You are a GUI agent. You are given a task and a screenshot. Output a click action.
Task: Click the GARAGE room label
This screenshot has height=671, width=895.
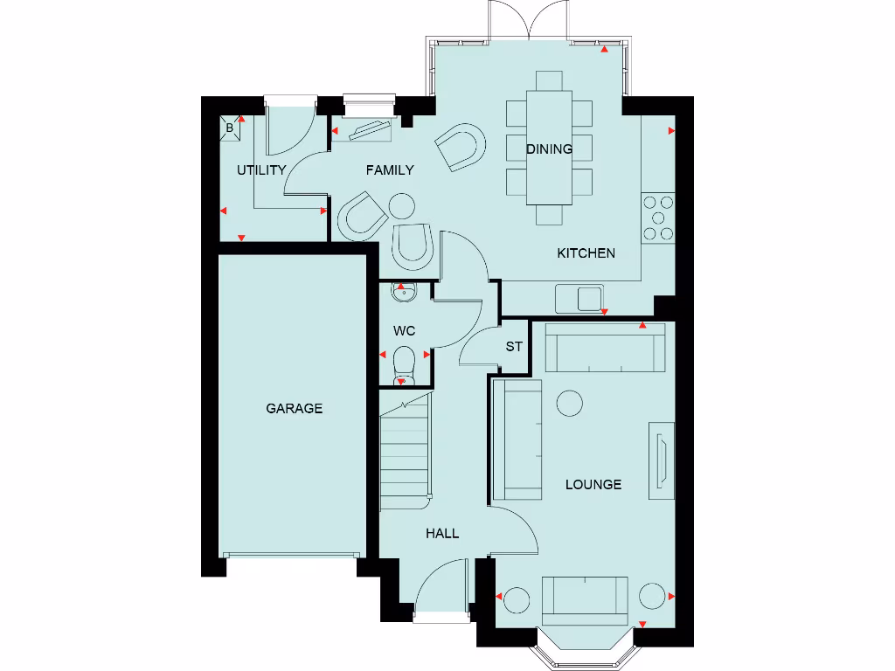point(294,408)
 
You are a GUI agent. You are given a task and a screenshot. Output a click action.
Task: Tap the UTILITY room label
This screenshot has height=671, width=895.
point(261,170)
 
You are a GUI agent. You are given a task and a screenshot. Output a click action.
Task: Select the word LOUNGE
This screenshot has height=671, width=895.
point(593,484)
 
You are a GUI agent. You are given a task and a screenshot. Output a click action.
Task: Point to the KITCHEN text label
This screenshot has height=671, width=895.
point(586,253)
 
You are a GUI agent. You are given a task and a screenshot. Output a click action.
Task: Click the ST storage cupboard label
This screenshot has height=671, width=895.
point(514,347)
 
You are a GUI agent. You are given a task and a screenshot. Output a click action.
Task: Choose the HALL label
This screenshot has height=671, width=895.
point(442,533)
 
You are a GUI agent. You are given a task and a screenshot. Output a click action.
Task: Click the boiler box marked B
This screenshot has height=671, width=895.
point(230,128)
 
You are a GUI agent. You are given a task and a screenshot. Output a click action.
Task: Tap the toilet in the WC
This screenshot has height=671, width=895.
point(403,362)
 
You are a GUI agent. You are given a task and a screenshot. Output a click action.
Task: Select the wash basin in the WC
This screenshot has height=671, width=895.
point(403,292)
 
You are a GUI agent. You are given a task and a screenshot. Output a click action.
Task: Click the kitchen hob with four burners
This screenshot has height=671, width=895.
point(658,218)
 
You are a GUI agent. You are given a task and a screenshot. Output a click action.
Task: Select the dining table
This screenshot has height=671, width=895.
point(550,149)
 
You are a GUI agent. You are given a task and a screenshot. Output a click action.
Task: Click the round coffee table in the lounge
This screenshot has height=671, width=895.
point(570,403)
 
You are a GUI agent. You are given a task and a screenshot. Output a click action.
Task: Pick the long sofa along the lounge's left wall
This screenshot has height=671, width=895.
point(517,439)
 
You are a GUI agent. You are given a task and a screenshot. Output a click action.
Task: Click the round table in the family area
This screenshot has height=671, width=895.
point(401,206)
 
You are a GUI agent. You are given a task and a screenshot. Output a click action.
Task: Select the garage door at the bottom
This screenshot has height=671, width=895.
point(292,555)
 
